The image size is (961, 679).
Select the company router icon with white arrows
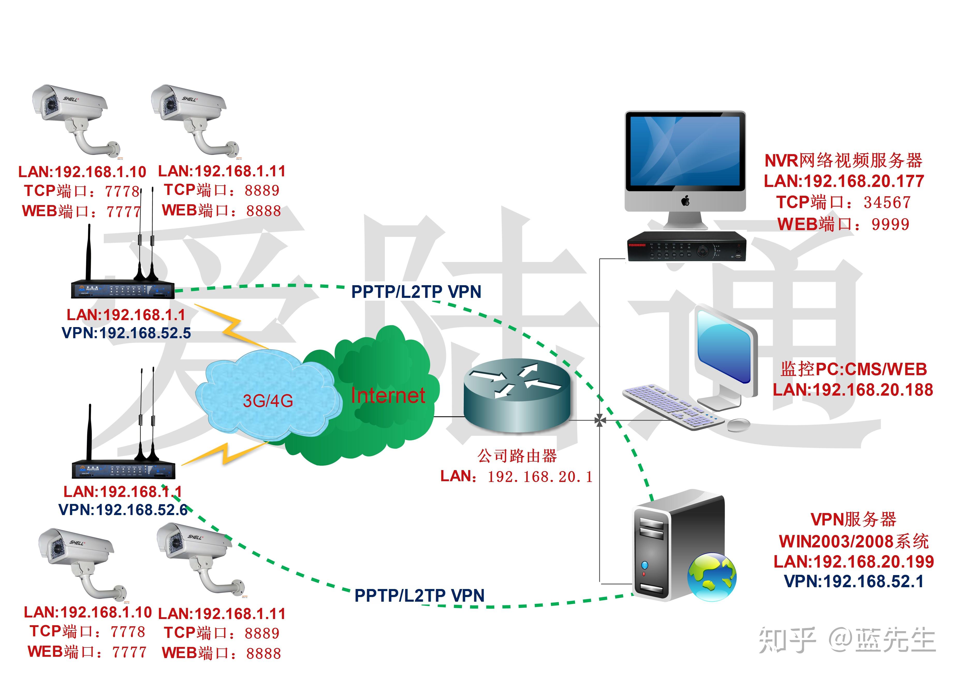[x=517, y=395]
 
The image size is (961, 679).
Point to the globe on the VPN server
[x=711, y=577]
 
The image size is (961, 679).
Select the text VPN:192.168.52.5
[x=126, y=333]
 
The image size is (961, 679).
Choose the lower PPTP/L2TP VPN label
[x=419, y=595]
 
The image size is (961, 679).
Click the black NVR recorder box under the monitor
[x=686, y=247]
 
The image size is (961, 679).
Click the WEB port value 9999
[x=890, y=224]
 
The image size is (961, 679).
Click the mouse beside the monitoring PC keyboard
[x=738, y=425]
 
